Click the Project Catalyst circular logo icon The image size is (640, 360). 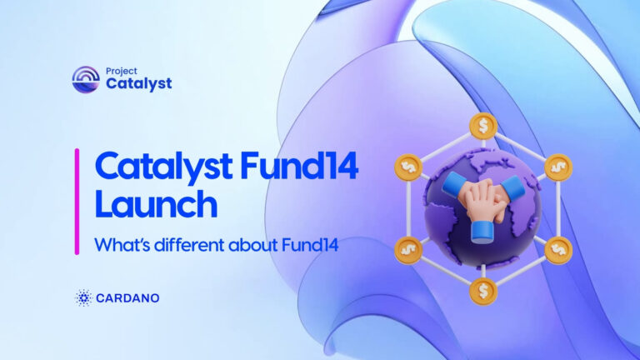point(86,79)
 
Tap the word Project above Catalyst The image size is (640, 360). point(121,71)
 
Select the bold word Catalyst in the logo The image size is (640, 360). point(139,83)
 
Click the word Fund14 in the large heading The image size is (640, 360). point(299,166)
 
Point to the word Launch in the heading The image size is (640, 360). point(157,204)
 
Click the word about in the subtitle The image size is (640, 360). point(253,245)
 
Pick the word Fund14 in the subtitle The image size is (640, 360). point(310,245)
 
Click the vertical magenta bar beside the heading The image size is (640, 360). point(77,202)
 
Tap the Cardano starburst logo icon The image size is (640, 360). point(83,298)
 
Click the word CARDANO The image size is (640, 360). point(127,298)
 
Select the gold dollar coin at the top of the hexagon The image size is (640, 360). point(483,126)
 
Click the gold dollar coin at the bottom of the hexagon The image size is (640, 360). point(483,292)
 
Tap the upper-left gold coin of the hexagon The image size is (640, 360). point(408,167)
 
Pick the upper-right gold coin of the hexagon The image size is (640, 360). point(558,167)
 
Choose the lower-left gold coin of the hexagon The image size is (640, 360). point(408,250)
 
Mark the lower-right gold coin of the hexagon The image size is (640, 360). point(558,250)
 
